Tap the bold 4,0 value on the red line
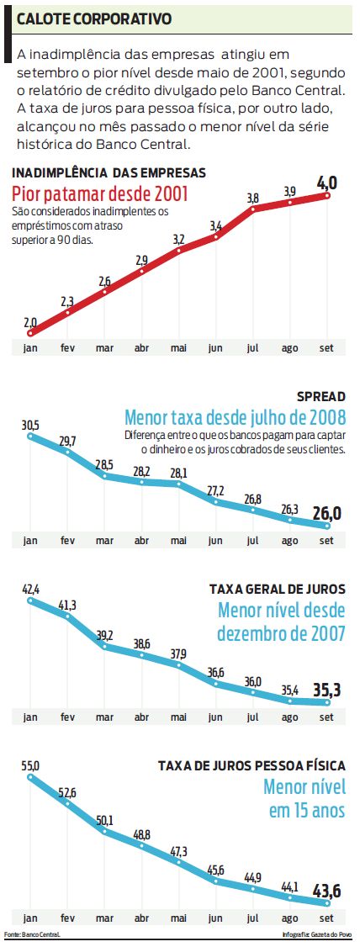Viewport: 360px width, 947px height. pos(326,183)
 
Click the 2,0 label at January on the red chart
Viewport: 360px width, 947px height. pos(30,321)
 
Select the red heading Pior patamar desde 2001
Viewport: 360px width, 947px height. pos(100,194)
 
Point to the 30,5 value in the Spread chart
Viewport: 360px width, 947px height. pos(30,425)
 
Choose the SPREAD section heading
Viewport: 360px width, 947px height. pos(320,396)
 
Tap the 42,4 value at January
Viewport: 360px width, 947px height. pos(30,587)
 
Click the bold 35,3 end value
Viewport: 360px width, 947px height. pos(326,690)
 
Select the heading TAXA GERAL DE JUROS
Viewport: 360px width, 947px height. pos(277,590)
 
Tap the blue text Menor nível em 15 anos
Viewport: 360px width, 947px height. pos(304,798)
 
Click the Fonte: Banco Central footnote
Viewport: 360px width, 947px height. pos(32,934)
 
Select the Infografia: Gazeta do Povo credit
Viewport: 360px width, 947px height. pos(317,934)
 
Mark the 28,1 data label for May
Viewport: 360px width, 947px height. pos(178,472)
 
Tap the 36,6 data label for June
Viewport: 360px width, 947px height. pos(215,671)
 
